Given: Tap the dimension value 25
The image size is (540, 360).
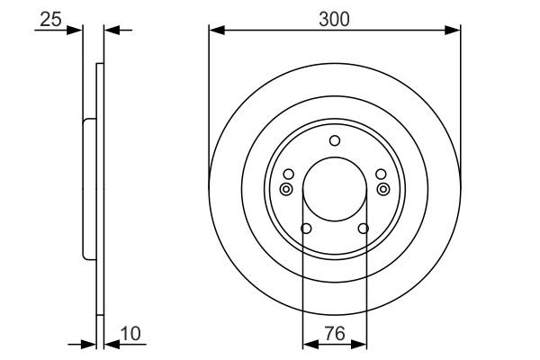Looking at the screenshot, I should [x=50, y=18].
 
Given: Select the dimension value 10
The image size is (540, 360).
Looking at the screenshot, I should [x=132, y=335].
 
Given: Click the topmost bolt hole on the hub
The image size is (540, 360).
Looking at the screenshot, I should [x=335, y=139].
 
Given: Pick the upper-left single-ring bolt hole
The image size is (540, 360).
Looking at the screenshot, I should [x=289, y=174].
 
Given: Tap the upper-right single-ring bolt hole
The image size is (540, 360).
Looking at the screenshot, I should [x=380, y=174].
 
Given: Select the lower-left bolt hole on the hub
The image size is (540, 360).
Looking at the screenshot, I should [x=305, y=229].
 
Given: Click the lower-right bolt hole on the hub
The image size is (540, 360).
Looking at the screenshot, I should [x=364, y=229].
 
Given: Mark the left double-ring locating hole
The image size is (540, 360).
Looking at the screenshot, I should [x=285, y=189].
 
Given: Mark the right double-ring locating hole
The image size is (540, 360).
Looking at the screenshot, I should [x=384, y=189].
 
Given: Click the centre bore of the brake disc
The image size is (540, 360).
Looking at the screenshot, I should [x=335, y=189].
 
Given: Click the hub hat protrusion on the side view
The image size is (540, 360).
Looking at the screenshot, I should [x=88, y=189].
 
